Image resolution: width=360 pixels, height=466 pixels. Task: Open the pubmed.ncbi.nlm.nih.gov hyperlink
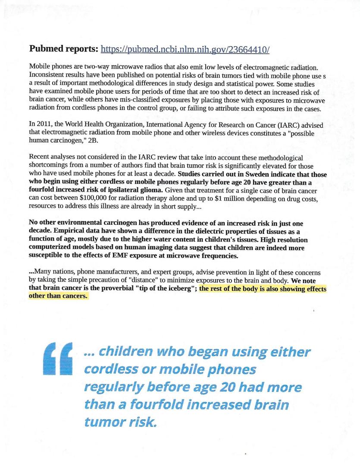click(185, 50)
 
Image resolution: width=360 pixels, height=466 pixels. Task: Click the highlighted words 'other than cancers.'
click(58, 296)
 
